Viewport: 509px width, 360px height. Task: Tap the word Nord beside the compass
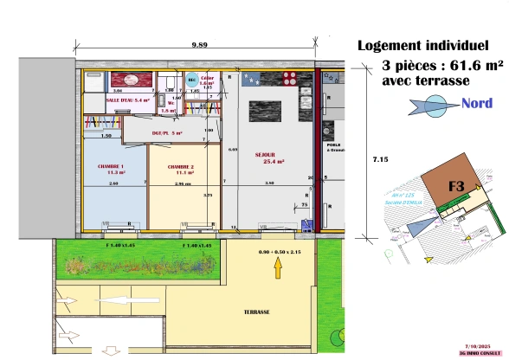coord(477,104)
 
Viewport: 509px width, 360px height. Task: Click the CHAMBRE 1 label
coord(111,168)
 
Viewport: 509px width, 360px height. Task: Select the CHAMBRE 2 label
coord(181,169)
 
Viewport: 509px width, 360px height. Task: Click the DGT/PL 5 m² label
coord(168,132)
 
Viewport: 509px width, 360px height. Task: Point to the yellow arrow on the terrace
coord(277,268)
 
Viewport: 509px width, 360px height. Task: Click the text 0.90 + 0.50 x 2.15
coord(277,252)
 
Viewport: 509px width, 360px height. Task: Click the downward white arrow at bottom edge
coord(110,350)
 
